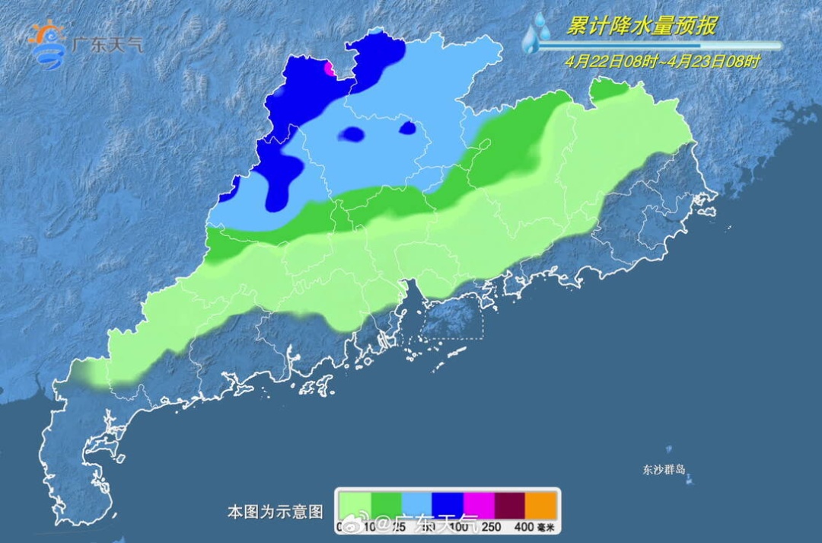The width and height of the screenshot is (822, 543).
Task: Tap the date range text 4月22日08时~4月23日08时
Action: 662,62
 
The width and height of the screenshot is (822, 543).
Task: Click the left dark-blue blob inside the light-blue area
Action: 352,135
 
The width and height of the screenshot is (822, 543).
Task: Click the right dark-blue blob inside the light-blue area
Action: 409,128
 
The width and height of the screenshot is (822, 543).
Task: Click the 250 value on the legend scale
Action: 495,527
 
